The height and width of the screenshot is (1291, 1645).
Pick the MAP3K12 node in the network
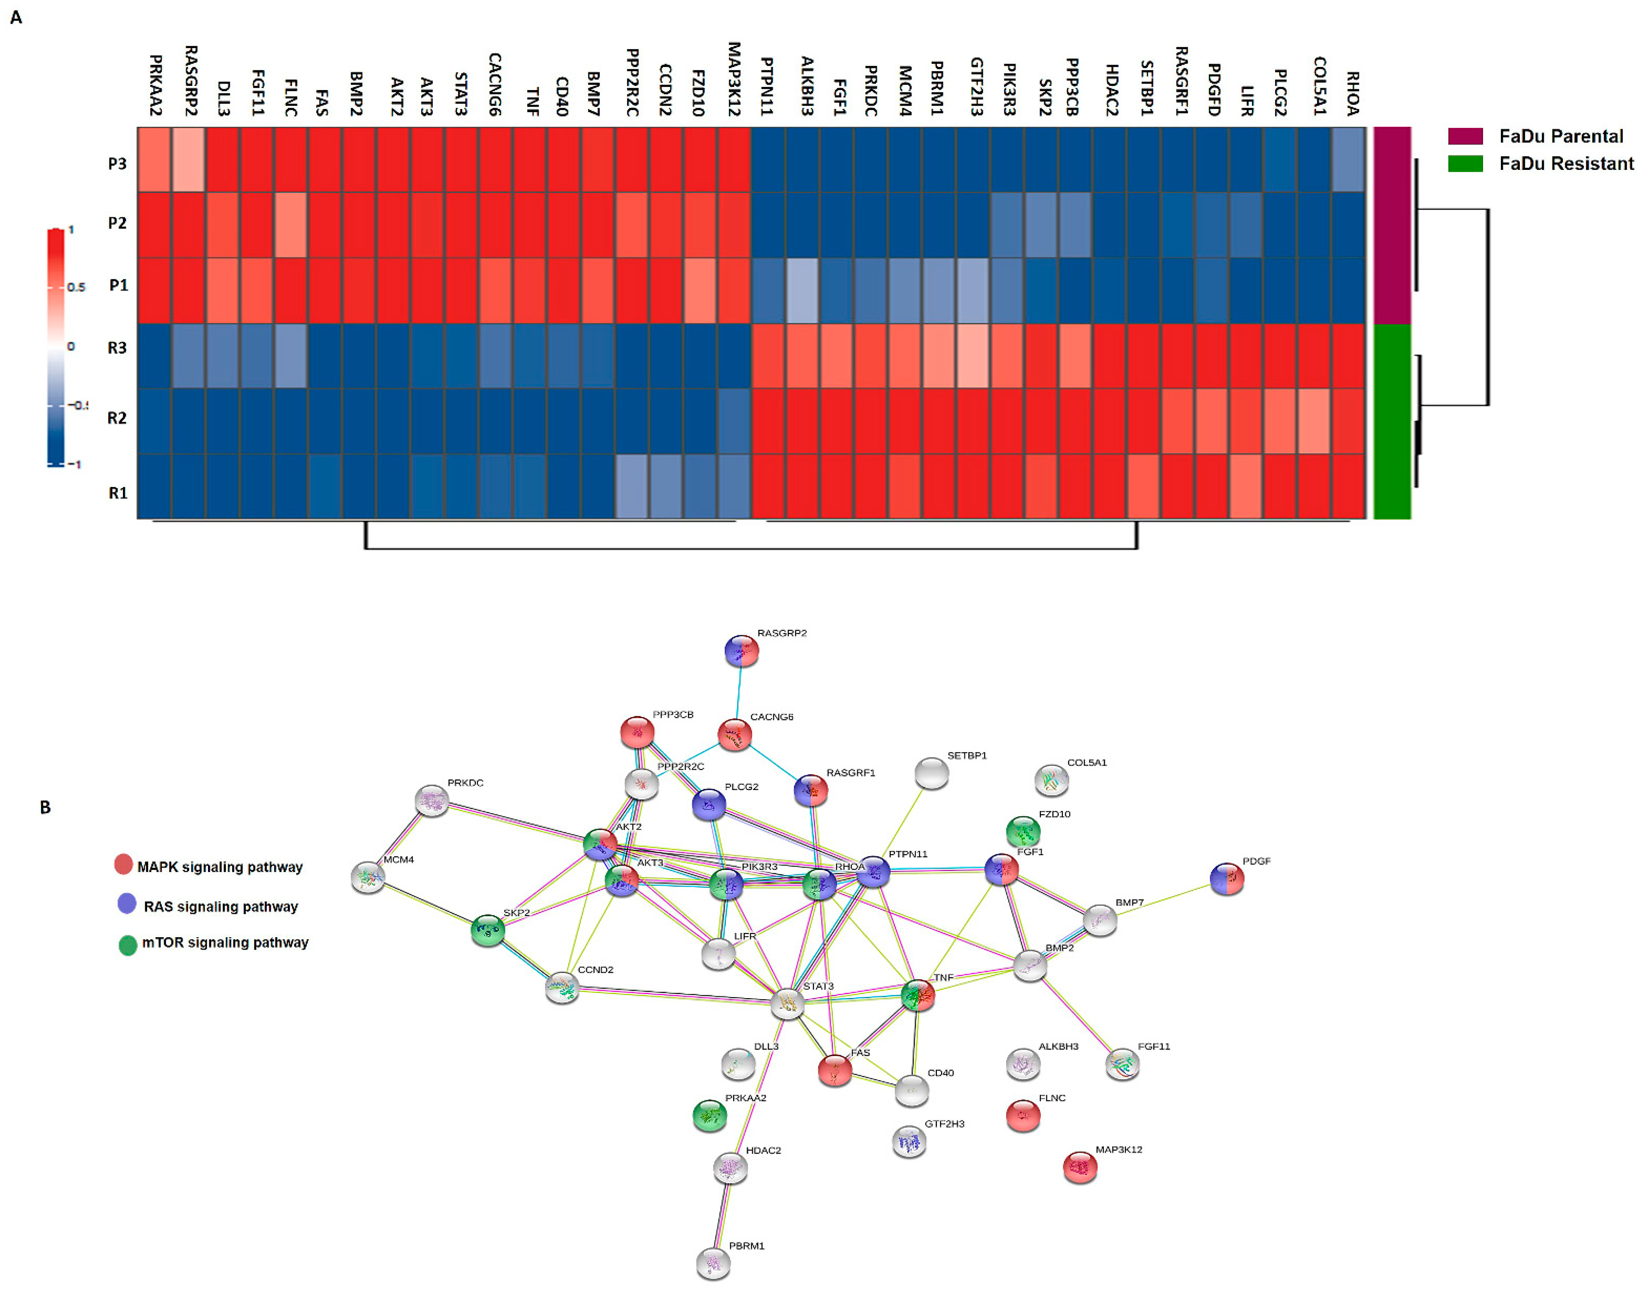[1080, 1167]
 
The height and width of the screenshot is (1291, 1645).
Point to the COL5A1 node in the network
[1051, 780]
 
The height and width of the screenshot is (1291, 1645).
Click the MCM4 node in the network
[368, 877]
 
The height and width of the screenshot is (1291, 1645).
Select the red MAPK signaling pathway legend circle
[123, 864]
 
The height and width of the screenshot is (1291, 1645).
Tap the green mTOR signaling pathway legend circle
[128, 945]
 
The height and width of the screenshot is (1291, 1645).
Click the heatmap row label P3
[117, 163]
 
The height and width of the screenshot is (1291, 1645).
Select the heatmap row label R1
[118, 493]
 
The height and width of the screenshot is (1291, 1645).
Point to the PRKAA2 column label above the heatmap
[156, 85]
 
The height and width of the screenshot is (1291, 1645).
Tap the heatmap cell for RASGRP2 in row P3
[189, 160]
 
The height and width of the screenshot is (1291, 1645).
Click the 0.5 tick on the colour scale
[76, 287]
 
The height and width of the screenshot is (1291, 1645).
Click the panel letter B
[45, 807]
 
